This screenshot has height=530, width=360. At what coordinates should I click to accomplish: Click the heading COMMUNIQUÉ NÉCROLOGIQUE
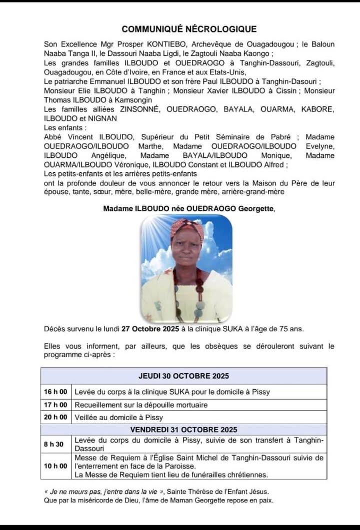coord(189,29)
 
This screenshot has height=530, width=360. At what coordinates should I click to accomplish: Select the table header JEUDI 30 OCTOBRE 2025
coord(183,376)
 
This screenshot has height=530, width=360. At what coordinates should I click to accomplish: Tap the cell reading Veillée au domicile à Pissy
coord(119,417)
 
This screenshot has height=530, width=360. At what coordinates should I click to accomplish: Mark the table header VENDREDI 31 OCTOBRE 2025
coord(183,429)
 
